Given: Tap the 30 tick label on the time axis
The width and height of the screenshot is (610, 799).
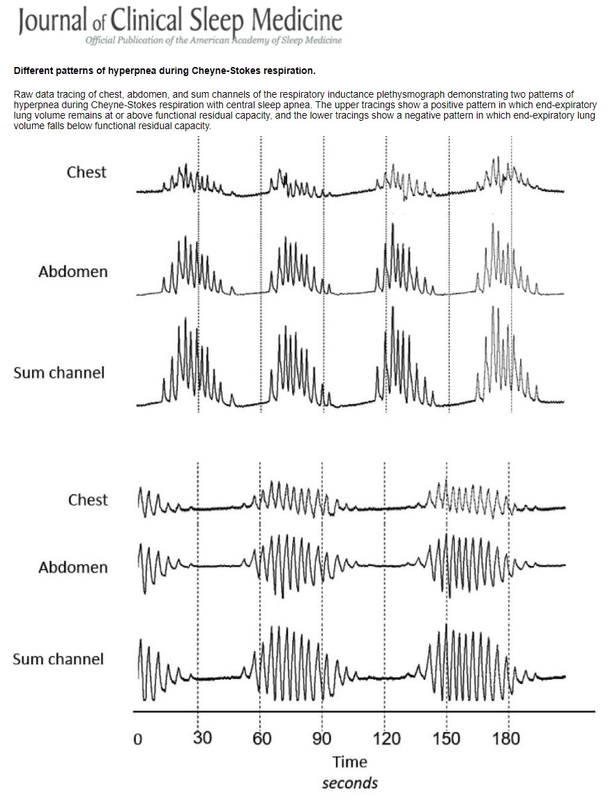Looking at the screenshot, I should tap(201, 738).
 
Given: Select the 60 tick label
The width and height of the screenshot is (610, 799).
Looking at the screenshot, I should tap(262, 738).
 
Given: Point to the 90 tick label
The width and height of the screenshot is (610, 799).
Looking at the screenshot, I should tap(322, 738).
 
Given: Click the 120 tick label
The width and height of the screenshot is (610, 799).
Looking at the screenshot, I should tap(386, 738).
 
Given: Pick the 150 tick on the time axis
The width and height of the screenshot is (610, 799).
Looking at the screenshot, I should tap(446, 738).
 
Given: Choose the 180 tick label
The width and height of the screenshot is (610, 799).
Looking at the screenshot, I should tap(506, 738).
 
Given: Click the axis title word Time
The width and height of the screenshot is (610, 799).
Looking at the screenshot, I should tap(350, 761).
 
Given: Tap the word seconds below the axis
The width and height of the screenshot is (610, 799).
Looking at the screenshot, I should tap(350, 782).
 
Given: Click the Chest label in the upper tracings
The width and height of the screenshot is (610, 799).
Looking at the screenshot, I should tap(86, 172).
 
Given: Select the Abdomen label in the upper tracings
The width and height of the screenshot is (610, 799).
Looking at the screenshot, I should tap(73, 271).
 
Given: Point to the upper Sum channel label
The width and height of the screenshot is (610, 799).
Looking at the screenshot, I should tap(59, 373).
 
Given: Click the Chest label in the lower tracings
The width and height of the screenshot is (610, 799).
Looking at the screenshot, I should tap(88, 500).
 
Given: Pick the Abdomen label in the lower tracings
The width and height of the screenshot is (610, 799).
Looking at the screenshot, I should tap(73, 567).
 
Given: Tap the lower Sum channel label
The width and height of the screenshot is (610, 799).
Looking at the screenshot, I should tap(58, 659).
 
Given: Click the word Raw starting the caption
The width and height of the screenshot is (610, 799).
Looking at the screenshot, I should tap(22, 93).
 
